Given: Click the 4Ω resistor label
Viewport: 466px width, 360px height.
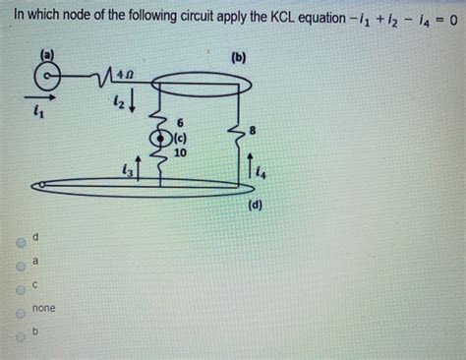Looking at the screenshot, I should (126, 71).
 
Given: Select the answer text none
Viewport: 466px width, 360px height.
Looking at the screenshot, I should (43, 309).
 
